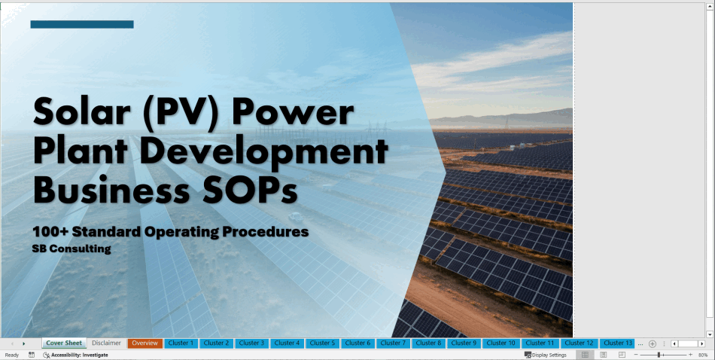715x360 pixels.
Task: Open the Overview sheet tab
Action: (x=145, y=343)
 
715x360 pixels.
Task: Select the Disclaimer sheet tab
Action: (x=106, y=343)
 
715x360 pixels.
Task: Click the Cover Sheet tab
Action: (x=64, y=343)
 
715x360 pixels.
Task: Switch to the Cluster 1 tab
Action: (x=181, y=343)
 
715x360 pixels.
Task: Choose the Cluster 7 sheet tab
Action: (x=393, y=343)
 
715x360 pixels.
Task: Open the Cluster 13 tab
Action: (x=618, y=343)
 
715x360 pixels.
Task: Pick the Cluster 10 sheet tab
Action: (x=500, y=343)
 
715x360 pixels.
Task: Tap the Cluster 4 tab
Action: (x=288, y=343)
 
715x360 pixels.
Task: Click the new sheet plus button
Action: (x=653, y=343)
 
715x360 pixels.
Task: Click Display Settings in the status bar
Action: (x=546, y=355)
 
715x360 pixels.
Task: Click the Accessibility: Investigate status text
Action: (x=76, y=355)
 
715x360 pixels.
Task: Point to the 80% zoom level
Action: (x=703, y=355)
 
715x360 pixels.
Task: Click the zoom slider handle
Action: (x=659, y=355)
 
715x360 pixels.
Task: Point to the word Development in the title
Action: (x=263, y=151)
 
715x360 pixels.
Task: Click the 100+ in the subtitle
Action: (x=50, y=232)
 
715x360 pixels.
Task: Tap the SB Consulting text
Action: (x=71, y=249)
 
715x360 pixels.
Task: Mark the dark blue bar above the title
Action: (x=82, y=24)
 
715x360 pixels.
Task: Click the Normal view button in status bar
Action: (x=585, y=355)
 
